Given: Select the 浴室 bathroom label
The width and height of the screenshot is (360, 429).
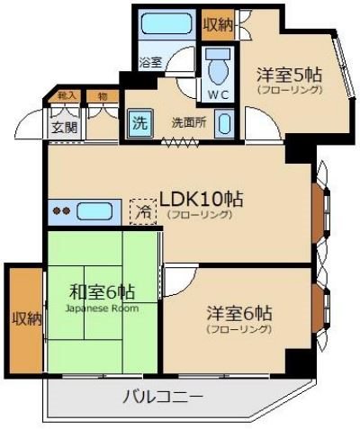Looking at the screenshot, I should pyautogui.click(x=150, y=63).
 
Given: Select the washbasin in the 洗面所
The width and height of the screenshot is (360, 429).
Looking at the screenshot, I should pyautogui.click(x=225, y=124).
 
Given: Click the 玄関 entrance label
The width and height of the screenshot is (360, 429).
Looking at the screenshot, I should pyautogui.click(x=62, y=127).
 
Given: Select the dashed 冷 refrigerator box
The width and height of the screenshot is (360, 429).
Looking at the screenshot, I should pyautogui.click(x=143, y=212).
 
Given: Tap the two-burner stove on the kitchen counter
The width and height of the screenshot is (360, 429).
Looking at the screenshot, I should pyautogui.click(x=61, y=212).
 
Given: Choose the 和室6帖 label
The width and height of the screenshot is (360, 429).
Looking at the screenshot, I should pyautogui.click(x=102, y=292).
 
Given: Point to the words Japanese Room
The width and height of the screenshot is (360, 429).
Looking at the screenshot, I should pyautogui.click(x=102, y=308).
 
